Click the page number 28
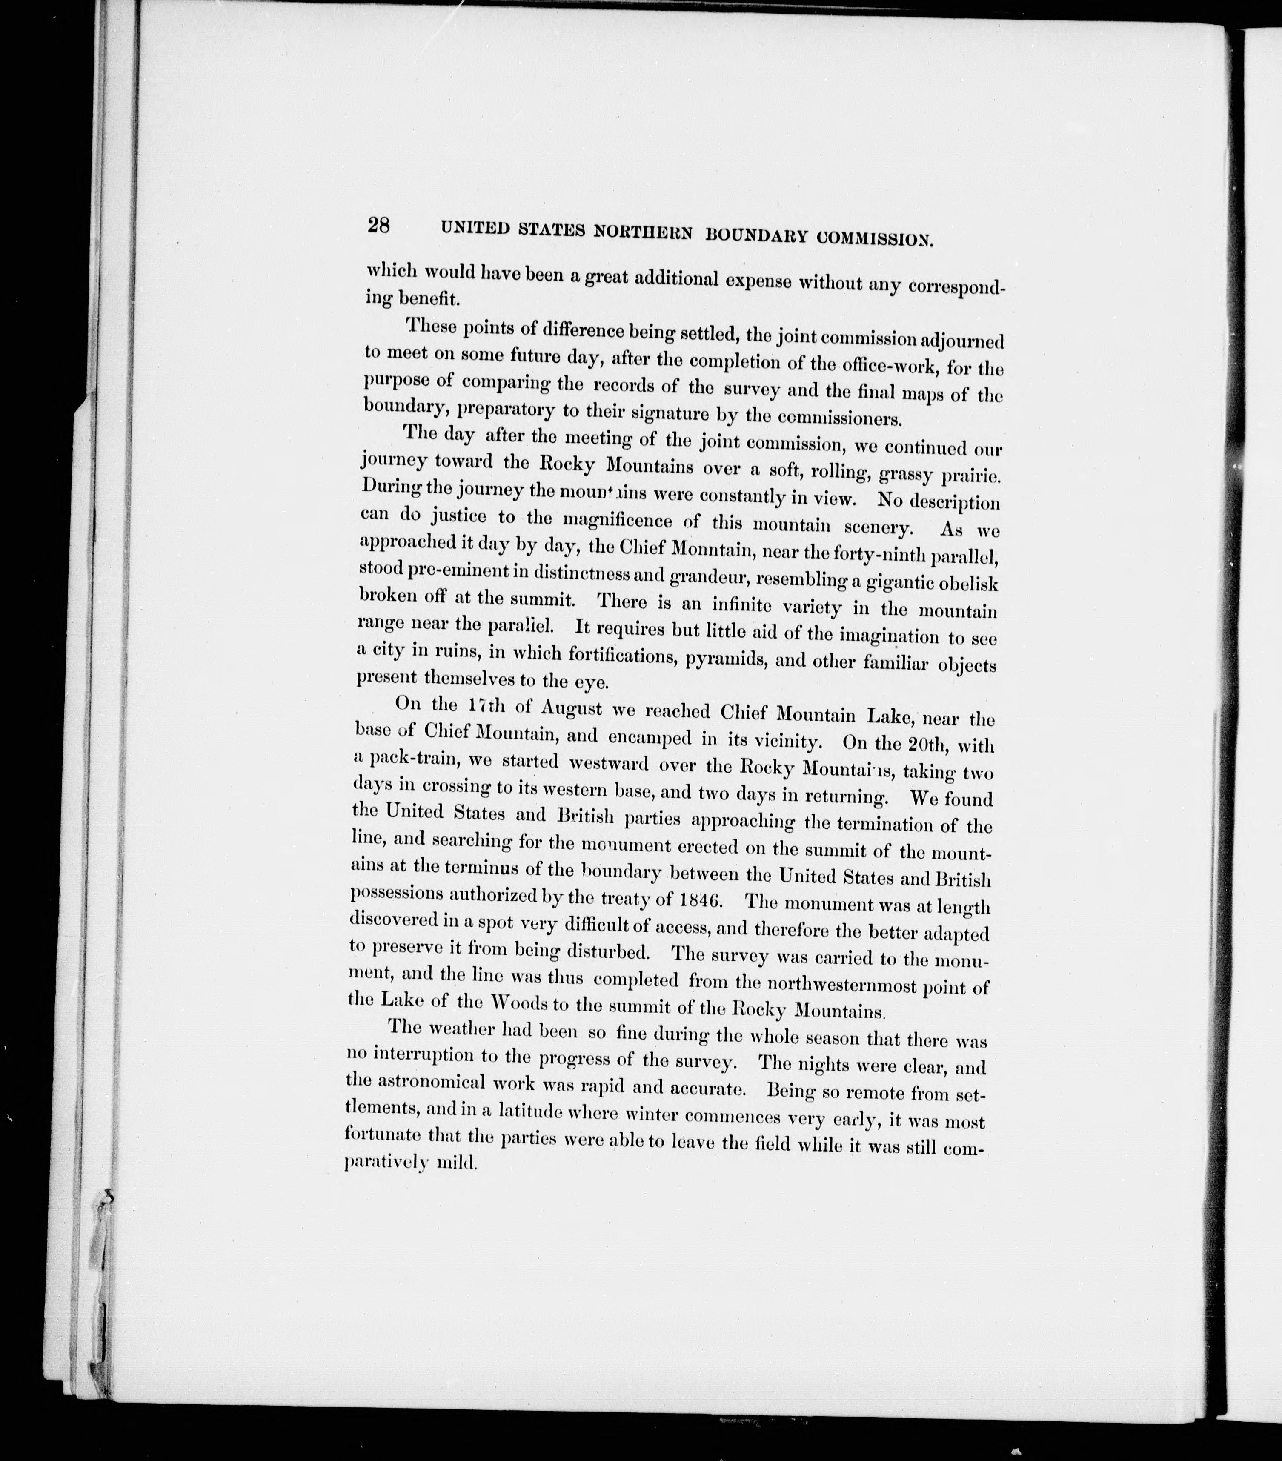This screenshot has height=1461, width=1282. tap(378, 226)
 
